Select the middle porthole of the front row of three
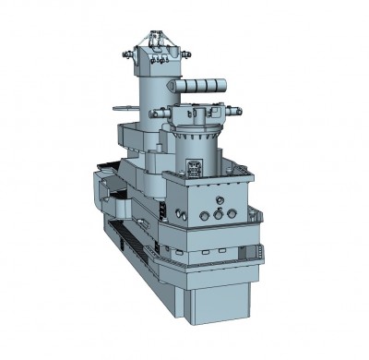tap(218, 214)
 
